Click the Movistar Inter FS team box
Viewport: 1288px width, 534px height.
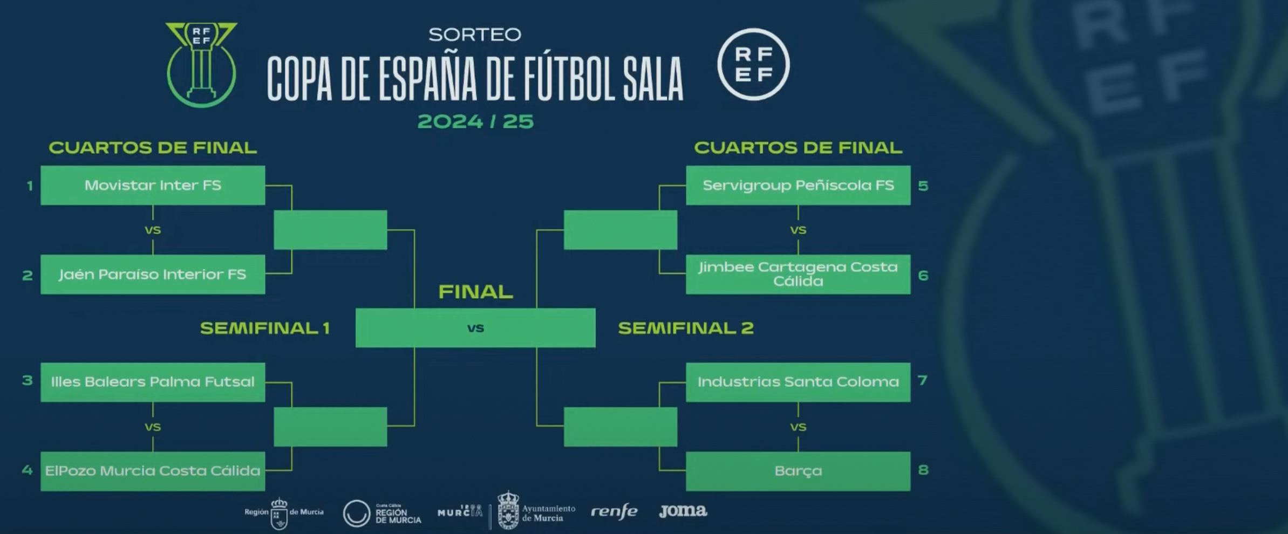pyautogui.click(x=153, y=185)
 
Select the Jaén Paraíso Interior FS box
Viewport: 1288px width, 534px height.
pyautogui.click(x=153, y=274)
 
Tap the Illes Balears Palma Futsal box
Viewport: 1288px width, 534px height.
pyautogui.click(x=153, y=382)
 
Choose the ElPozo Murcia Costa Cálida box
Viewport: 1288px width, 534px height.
pyautogui.click(x=153, y=471)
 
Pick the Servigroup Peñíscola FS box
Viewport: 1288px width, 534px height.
pyautogui.click(x=798, y=185)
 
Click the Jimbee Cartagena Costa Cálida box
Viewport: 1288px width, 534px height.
pyautogui.click(x=798, y=274)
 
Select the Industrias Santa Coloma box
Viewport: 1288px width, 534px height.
pyautogui.click(x=798, y=382)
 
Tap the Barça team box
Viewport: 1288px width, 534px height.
pyautogui.click(x=798, y=471)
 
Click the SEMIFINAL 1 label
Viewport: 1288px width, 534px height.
pyautogui.click(x=264, y=328)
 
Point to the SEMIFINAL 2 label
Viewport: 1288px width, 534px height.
pyautogui.click(x=686, y=328)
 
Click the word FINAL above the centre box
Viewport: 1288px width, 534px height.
pyautogui.click(x=475, y=292)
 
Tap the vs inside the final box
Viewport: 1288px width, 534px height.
pyautogui.click(x=475, y=328)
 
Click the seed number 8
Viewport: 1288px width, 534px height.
pyautogui.click(x=923, y=470)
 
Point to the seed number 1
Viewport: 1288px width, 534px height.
pyautogui.click(x=30, y=186)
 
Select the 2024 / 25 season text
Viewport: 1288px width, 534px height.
pyautogui.click(x=475, y=121)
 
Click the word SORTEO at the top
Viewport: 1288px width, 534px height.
pyautogui.click(x=475, y=35)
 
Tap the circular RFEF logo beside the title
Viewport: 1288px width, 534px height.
pyautogui.click(x=753, y=65)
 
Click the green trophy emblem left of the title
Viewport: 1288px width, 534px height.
pyautogui.click(x=201, y=65)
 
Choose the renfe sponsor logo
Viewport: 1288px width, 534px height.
pyautogui.click(x=614, y=511)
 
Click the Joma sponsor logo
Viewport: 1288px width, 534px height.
pyautogui.click(x=683, y=510)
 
